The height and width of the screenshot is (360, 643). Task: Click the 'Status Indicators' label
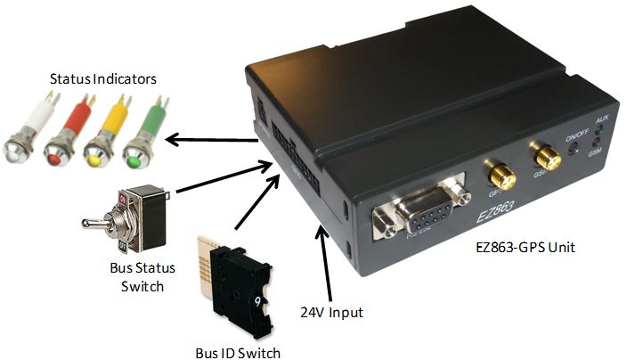coord(102,79)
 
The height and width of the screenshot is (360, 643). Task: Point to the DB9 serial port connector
coord(419,210)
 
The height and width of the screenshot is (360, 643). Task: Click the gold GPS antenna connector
coord(493,169)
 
